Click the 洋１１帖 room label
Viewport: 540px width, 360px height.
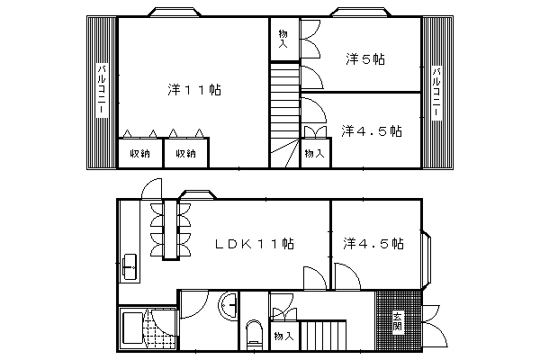coord(194,90)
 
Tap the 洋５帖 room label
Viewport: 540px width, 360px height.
coord(365,59)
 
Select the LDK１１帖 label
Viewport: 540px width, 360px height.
coord(255,244)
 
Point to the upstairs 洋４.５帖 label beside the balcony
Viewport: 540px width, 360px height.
coord(372,130)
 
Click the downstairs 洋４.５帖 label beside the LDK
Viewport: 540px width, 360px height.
coord(373,244)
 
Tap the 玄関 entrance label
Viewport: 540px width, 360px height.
coord(398,322)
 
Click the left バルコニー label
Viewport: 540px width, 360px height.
coord(102,90)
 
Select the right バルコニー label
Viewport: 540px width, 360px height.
coord(436,93)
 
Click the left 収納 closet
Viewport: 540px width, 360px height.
coord(140,153)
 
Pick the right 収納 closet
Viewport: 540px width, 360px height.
coord(186,153)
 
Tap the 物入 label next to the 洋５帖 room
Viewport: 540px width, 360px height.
coord(283,39)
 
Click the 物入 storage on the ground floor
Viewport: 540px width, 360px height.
coord(283,336)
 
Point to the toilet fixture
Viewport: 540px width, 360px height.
coord(254,335)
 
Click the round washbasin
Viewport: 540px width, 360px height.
coord(229,306)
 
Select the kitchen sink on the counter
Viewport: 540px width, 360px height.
coord(130,267)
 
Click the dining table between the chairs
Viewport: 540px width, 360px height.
coord(170,229)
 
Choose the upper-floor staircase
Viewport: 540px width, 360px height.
coord(284,114)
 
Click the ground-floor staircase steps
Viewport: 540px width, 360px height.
coord(323,336)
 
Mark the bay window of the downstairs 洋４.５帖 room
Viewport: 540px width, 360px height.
coord(427,259)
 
